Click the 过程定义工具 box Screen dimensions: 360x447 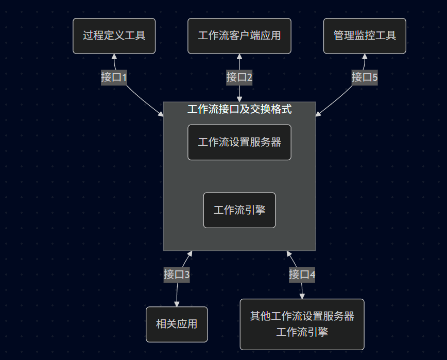coord(114,36)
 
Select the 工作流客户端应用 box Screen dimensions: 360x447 coord(239,36)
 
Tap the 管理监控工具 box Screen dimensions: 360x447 coord(365,36)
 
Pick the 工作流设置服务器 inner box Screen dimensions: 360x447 coord(239,142)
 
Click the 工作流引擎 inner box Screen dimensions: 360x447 coord(239,210)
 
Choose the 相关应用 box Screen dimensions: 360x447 coord(177,324)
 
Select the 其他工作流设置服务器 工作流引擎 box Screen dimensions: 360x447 coord(302,324)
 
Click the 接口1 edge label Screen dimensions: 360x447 coord(114,78)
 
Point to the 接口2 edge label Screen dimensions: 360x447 coord(239,78)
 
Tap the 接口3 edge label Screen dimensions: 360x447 coord(177,275)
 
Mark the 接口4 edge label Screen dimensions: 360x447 coord(302,275)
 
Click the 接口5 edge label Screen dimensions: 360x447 coord(365,78)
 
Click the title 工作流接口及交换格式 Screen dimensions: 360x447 coord(239,109)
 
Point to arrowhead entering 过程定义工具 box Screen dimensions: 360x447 coord(114,56)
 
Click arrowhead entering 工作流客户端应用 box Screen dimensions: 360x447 coord(239,56)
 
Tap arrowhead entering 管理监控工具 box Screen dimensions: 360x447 coord(365,56)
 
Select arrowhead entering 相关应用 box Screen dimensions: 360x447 coord(177,304)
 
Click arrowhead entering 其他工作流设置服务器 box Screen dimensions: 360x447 coord(302,296)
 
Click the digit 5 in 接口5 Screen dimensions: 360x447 coord(375,78)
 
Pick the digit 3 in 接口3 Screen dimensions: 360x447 coord(187,275)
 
